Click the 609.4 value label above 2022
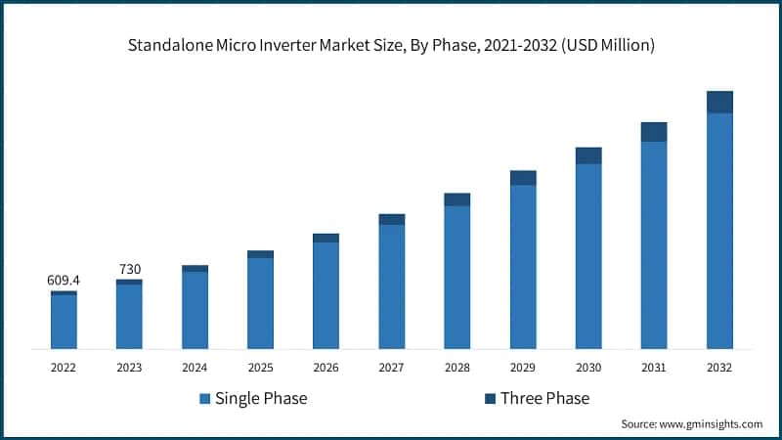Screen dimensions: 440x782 click(x=64, y=281)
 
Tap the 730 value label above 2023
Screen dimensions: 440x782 click(x=129, y=269)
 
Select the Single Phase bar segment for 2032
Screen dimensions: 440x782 click(x=719, y=231)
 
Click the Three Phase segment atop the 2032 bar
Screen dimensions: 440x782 click(x=719, y=102)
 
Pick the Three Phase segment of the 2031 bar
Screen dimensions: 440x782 click(x=654, y=132)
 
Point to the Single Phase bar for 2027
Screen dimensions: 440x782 click(x=392, y=286)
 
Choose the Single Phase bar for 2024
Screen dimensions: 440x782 click(x=195, y=310)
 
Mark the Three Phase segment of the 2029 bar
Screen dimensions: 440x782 click(x=523, y=178)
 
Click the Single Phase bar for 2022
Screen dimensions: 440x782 click(x=64, y=322)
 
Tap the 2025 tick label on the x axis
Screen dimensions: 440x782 click(x=260, y=368)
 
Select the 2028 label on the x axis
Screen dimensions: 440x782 click(x=457, y=368)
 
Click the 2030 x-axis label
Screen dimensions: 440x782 click(x=588, y=368)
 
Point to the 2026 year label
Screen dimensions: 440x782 click(x=326, y=368)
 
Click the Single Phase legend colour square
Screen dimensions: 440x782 click(x=204, y=399)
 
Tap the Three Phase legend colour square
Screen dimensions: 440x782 click(x=490, y=399)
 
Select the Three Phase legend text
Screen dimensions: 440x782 click(x=544, y=399)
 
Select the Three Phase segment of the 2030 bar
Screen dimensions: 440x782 click(x=588, y=155)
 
